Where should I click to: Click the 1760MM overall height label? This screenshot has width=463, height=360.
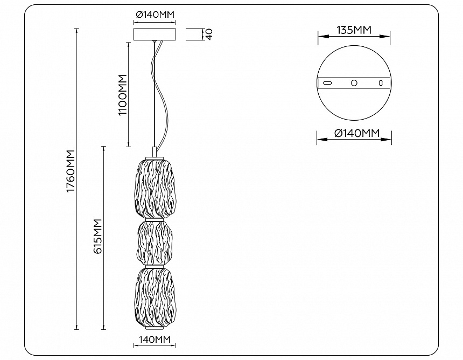71,171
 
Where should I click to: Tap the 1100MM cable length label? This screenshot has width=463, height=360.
123,95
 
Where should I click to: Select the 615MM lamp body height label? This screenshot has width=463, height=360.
97,236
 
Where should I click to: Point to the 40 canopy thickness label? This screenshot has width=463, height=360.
209,34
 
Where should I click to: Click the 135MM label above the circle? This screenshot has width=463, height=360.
354,30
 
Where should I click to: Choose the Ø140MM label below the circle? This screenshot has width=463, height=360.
357,133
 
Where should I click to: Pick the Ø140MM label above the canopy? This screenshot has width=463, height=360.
155,14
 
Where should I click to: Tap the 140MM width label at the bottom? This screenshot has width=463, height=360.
155,340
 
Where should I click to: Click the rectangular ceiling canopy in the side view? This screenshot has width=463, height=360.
155,34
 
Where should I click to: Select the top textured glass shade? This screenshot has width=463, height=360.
155,189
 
